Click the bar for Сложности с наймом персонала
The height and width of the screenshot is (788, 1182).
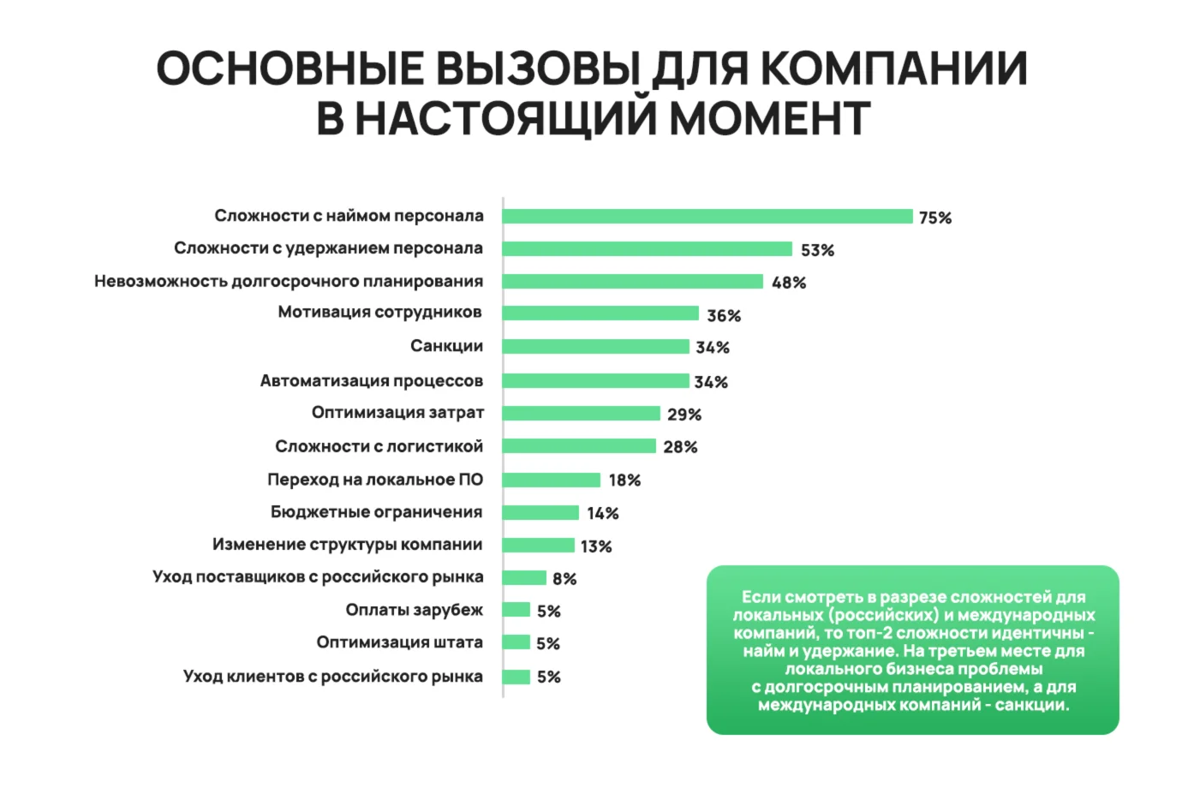pos(707,217)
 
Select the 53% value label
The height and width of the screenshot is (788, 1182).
pos(817,250)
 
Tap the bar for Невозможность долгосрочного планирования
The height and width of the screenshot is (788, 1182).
pos(632,282)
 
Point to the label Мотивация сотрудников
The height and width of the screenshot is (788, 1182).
pos(379,313)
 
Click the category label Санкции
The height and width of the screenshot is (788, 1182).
pos(446,346)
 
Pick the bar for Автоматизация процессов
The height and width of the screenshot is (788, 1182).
pos(595,381)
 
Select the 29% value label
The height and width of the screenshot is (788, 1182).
pos(684,415)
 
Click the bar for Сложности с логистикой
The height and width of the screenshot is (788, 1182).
pos(579,446)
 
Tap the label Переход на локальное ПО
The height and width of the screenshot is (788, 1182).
pos(375,480)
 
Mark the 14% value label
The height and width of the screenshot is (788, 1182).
pos(603,513)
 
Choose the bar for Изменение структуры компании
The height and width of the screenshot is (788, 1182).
pos(538,546)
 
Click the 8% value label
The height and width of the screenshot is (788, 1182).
pos(564,579)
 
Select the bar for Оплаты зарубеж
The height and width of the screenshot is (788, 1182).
pos(516,610)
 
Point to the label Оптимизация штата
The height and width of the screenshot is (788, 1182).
pos(399,642)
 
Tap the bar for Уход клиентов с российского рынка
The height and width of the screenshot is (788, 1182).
pos(516,677)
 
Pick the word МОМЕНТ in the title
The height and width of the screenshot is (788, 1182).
pos(769,118)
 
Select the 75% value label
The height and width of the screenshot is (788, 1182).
pos(935,218)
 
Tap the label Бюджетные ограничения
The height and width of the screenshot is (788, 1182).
pos(376,512)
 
